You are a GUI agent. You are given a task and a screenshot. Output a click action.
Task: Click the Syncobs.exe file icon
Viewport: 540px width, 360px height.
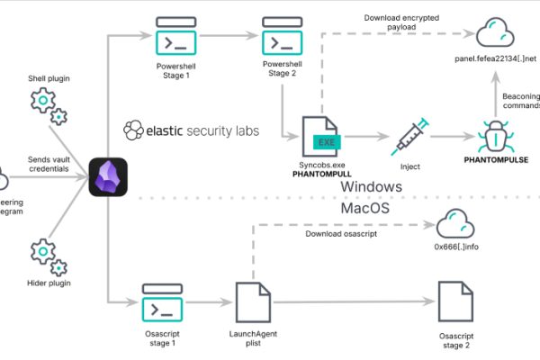[322, 136]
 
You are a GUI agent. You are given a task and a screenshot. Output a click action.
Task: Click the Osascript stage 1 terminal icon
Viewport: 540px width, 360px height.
[162, 306]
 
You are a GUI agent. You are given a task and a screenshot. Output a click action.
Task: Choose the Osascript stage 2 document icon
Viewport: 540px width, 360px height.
[455, 303]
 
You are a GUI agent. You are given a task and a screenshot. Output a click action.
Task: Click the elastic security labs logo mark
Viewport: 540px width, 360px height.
[132, 130]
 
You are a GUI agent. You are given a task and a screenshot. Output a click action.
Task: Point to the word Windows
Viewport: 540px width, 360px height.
[371, 186]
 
